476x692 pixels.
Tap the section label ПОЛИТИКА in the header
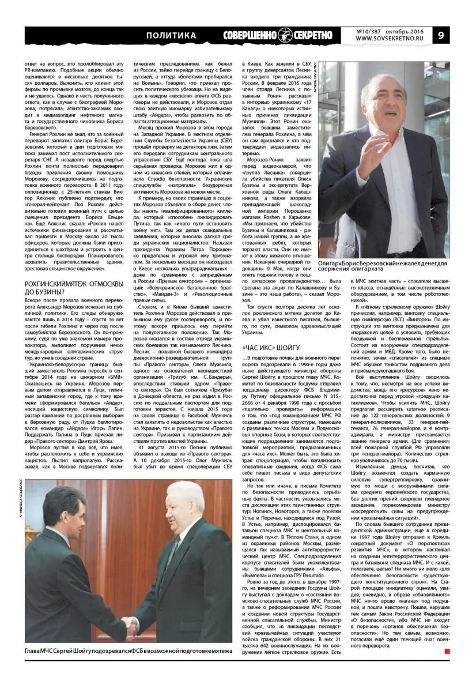(171, 36)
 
